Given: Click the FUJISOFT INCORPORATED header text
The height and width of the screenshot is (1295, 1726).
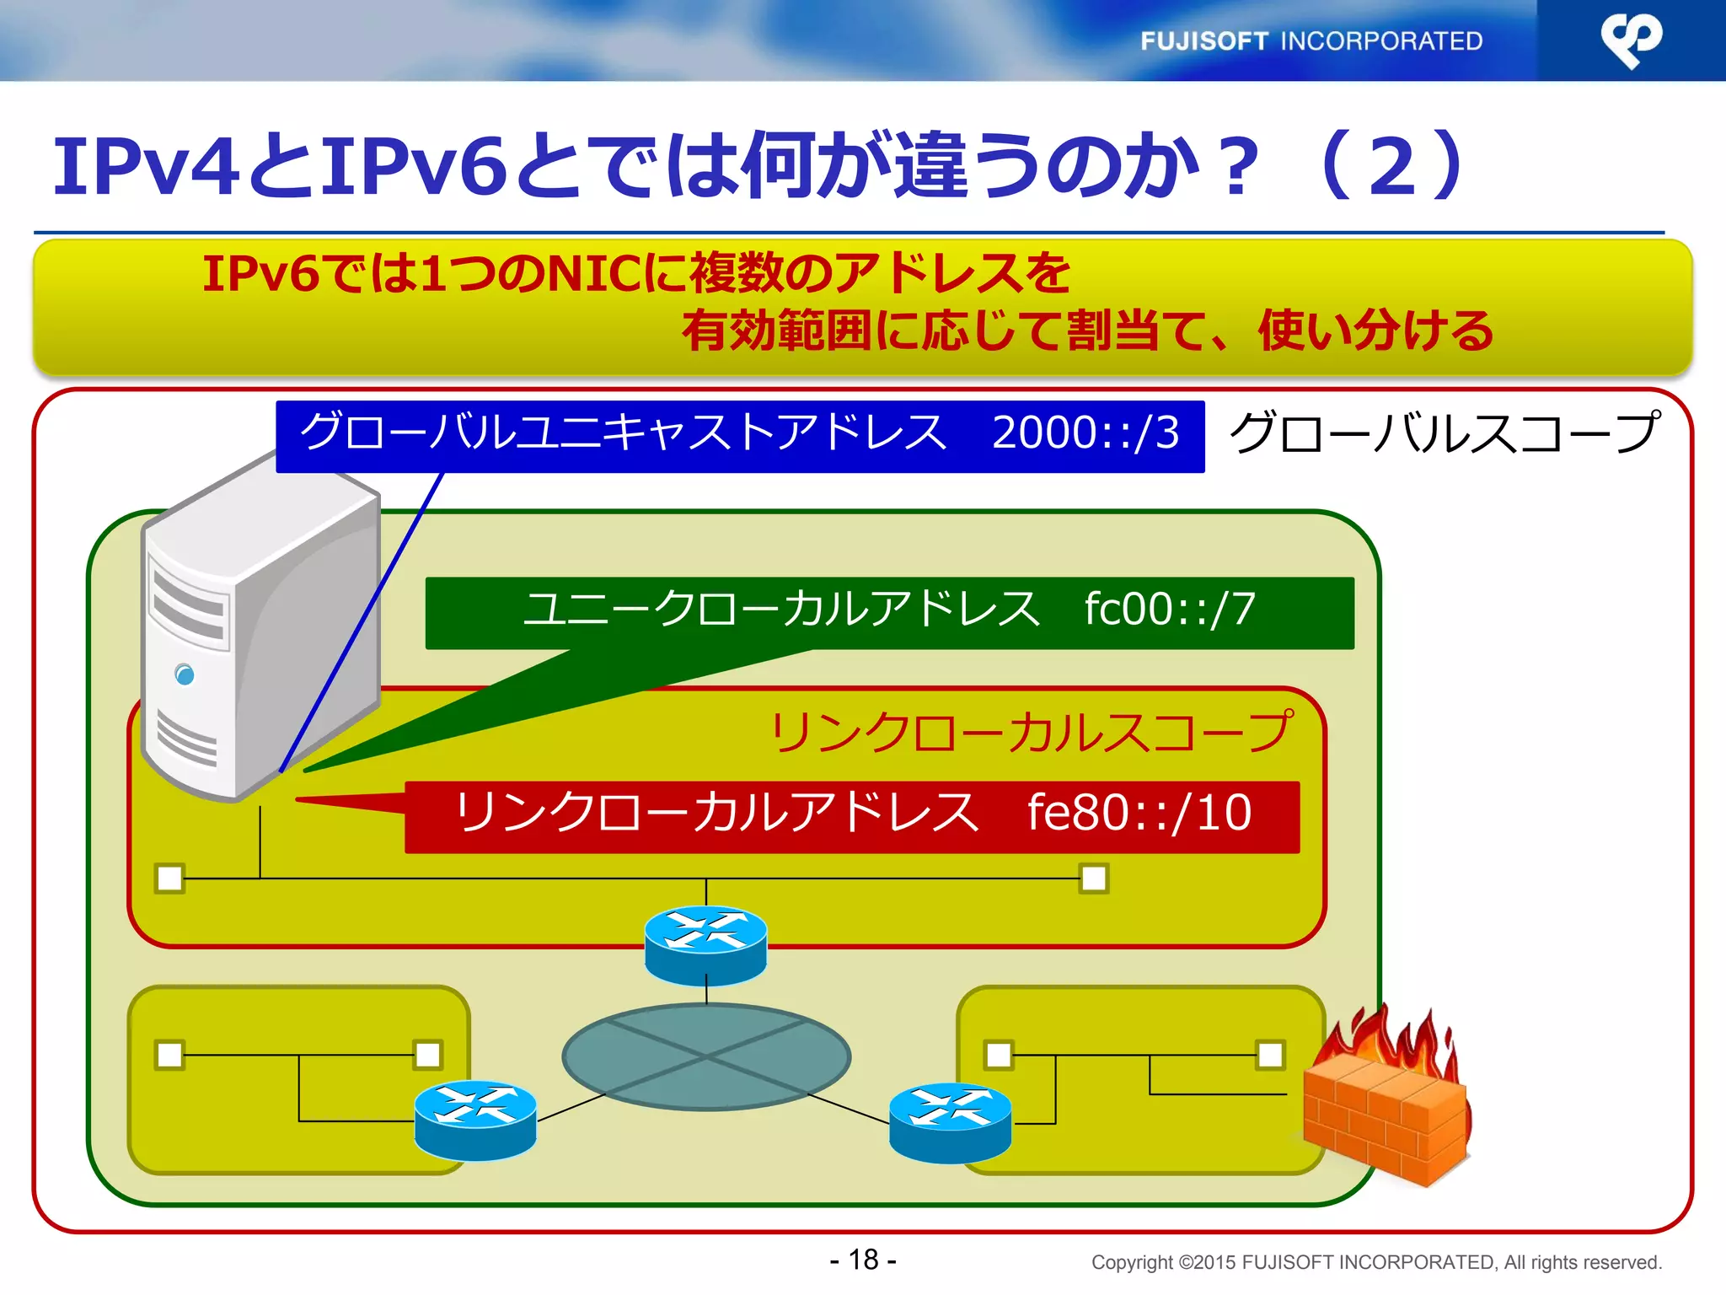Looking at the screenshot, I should pyautogui.click(x=1311, y=41).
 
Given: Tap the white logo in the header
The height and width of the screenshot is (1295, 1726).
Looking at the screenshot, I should pyautogui.click(x=1631, y=40).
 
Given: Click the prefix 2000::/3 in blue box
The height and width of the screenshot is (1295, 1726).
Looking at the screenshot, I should pyautogui.click(x=1085, y=433).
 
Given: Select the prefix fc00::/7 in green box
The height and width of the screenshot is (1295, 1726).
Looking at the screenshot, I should pyautogui.click(x=1170, y=610).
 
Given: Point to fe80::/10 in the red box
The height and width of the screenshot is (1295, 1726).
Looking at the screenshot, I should pyautogui.click(x=1139, y=814).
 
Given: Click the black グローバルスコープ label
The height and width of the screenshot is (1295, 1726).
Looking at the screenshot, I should pyautogui.click(x=1445, y=433).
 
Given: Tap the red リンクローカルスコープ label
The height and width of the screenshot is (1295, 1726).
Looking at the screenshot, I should pyautogui.click(x=1030, y=732).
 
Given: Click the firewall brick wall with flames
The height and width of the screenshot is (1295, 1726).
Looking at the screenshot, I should pyautogui.click(x=1386, y=1104).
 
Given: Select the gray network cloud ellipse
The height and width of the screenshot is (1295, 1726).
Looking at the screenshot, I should pyautogui.click(x=706, y=1056).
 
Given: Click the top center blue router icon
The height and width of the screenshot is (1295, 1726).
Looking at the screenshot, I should pyautogui.click(x=706, y=944).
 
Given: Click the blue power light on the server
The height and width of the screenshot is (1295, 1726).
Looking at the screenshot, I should pyautogui.click(x=185, y=674).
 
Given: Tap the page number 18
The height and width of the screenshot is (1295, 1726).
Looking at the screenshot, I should pyautogui.click(x=863, y=1260).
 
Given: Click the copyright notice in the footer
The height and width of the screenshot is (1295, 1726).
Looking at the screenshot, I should pyautogui.click(x=1375, y=1262).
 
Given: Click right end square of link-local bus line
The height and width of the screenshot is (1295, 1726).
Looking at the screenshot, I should pyautogui.click(x=1094, y=879).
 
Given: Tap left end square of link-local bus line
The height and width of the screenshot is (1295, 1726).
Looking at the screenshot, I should pyautogui.click(x=170, y=879).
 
